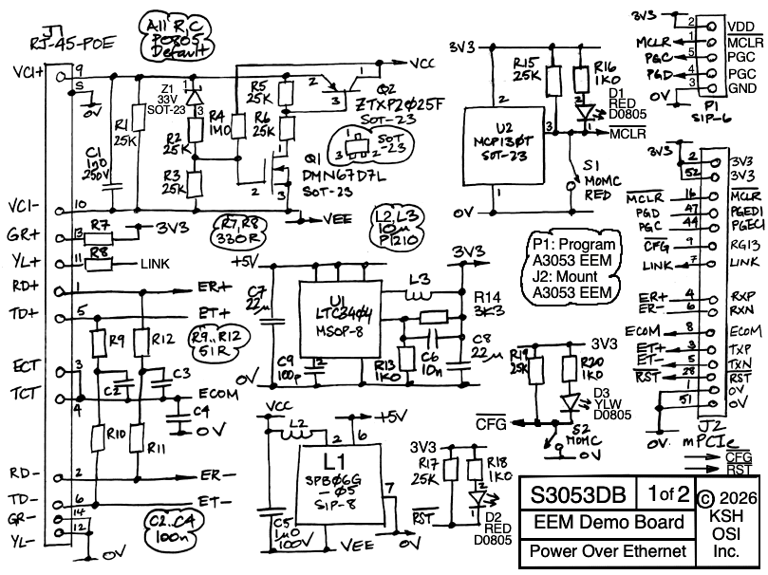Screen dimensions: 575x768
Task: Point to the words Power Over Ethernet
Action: pos(608,551)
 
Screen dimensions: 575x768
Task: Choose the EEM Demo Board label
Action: pos(608,523)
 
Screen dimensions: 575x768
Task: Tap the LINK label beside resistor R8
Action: pos(158,263)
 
